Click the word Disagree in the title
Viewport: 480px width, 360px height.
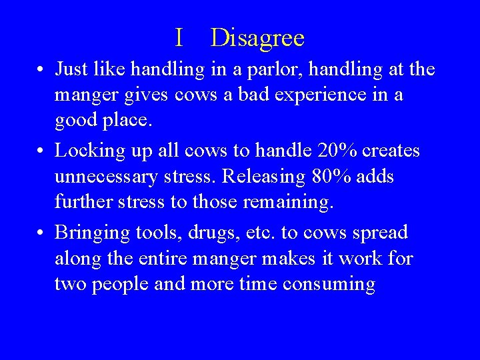click(257, 39)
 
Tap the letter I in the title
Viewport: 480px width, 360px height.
click(179, 39)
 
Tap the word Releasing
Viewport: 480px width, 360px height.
click(264, 177)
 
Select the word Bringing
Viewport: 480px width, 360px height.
click(93, 233)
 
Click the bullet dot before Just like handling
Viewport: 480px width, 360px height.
click(41, 70)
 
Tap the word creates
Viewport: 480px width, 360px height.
click(390, 151)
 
